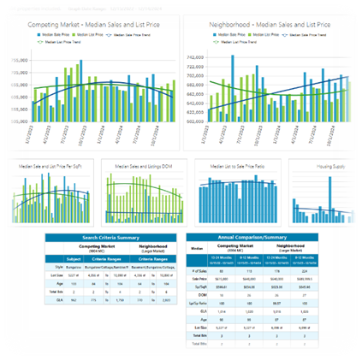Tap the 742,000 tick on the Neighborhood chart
pyautogui.click(x=196, y=56)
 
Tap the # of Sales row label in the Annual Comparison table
pyautogui.click(x=198, y=269)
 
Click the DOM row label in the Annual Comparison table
pyautogui.click(x=198, y=294)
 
